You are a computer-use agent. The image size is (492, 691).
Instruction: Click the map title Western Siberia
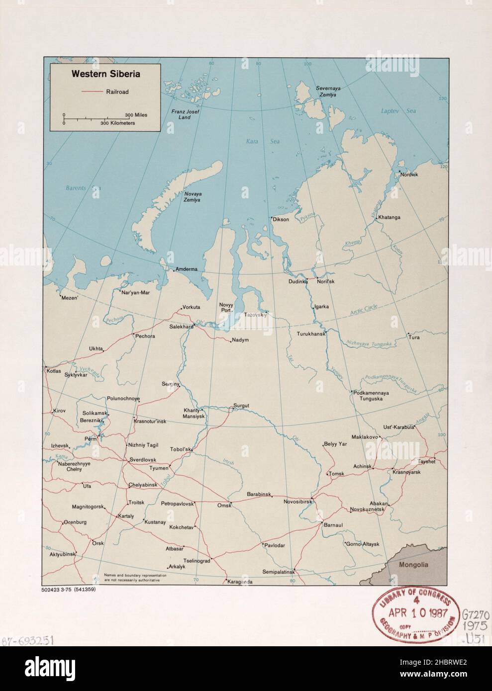click(105, 74)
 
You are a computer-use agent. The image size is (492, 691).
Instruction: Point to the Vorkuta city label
click(191, 307)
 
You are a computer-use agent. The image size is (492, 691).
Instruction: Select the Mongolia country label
click(413, 565)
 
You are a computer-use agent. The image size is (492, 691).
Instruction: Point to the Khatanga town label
click(389, 217)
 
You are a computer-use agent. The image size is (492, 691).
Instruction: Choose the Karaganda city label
click(240, 582)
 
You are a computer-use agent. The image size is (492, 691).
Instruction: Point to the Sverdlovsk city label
click(143, 460)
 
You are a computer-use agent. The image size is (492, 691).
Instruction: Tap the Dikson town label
click(280, 219)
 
